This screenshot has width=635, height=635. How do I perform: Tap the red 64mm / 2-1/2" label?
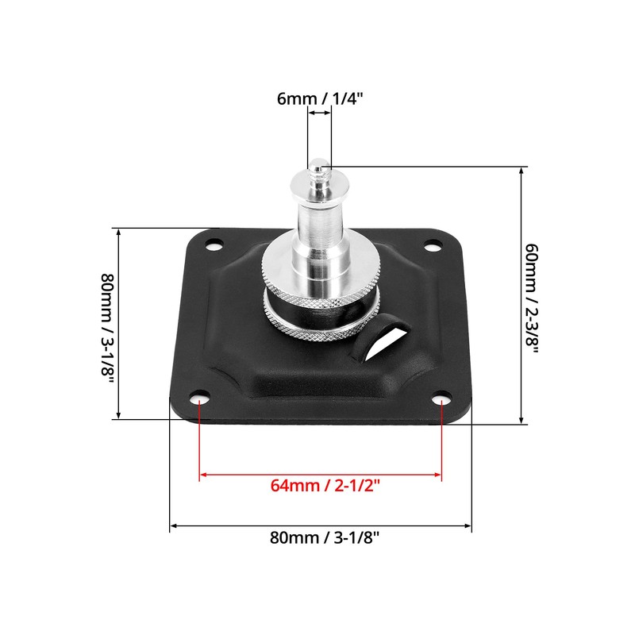[x=320, y=486]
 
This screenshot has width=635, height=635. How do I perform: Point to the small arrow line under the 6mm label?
[x=320, y=114]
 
